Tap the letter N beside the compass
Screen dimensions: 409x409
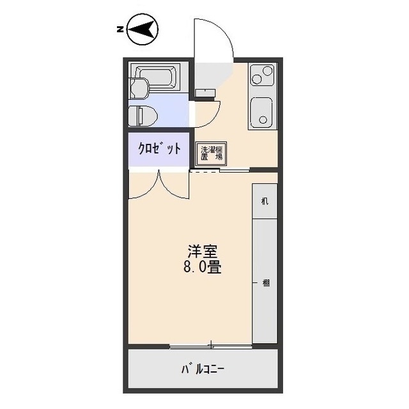pyautogui.click(x=120, y=29)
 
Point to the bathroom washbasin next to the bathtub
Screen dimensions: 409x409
pyautogui.click(x=138, y=87)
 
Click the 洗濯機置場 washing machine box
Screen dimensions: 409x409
pyautogui.click(x=208, y=153)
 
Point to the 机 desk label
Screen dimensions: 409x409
pyautogui.click(x=265, y=201)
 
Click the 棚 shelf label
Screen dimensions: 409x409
pyautogui.click(x=265, y=283)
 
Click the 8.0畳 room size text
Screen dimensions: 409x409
pyautogui.click(x=203, y=268)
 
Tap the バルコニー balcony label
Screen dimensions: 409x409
pyautogui.click(x=203, y=370)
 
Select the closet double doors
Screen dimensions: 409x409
pyautogui.click(x=159, y=183)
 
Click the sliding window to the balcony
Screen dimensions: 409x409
pyautogui.click(x=210, y=346)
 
